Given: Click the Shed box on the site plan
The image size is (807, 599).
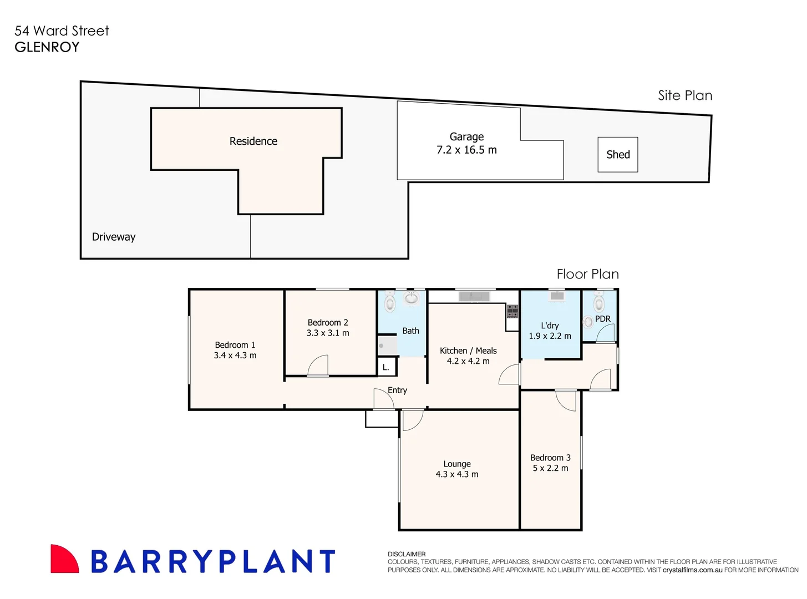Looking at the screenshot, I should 617,155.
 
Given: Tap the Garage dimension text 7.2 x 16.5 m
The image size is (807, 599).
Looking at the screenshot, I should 466,150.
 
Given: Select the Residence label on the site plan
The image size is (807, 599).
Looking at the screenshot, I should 253,141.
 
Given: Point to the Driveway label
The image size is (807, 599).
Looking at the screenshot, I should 114,237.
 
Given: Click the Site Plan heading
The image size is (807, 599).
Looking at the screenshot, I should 684,95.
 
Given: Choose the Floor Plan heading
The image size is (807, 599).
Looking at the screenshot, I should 587,274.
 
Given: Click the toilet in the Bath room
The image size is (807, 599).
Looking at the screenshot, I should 390,302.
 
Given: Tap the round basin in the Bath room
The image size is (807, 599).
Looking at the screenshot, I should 411,298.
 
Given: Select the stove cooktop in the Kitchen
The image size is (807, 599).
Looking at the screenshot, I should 512,311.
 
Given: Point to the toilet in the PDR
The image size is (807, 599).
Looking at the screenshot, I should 598,302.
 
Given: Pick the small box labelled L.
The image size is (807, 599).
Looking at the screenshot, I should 386,367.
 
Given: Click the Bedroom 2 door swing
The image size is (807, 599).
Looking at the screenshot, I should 318,366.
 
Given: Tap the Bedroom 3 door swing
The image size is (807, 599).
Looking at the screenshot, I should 566,400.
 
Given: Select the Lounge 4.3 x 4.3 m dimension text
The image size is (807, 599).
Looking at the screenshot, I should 456,474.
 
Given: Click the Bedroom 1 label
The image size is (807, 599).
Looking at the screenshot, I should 235,345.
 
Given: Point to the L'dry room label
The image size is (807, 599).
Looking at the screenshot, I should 550,326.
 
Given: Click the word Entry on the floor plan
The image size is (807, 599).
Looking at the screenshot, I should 397,390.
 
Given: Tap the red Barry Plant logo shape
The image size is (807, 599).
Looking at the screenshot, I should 64,559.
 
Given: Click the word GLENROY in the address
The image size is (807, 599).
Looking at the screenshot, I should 47,47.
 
